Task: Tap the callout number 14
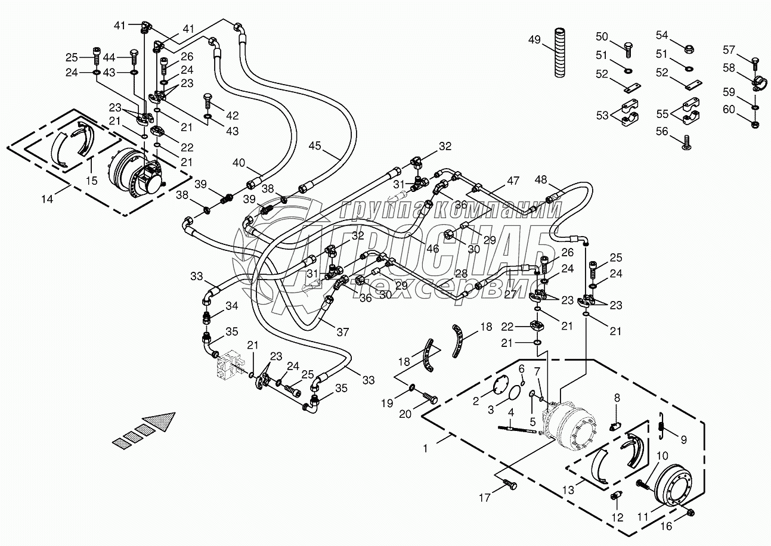coord(47,199)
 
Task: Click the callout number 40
coord(239,162)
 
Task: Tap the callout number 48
coord(540,179)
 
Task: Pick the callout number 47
coord(513,180)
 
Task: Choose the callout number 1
coord(426,447)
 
